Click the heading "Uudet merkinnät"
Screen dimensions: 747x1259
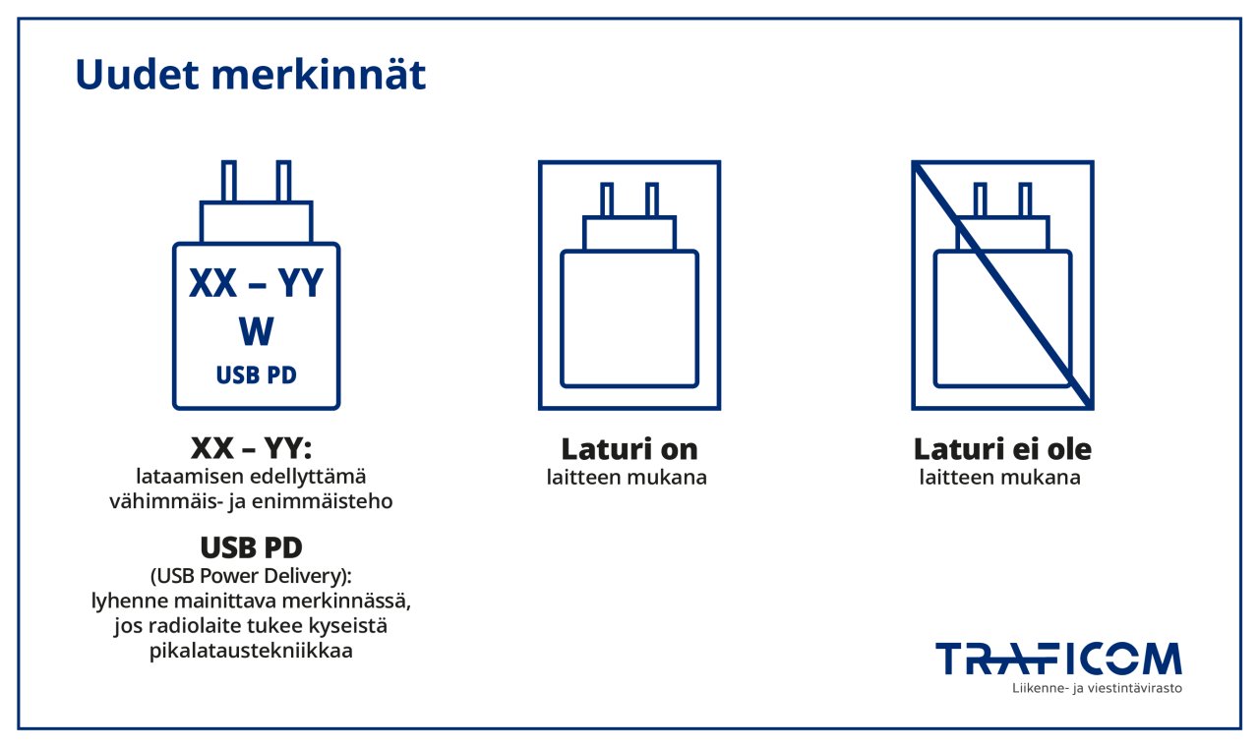[x=251, y=76]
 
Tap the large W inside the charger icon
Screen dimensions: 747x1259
[x=256, y=332]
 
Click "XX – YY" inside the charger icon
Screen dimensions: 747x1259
[x=256, y=284]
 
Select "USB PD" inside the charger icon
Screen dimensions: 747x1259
[x=256, y=375]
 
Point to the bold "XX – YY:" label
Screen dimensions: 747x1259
[x=251, y=449]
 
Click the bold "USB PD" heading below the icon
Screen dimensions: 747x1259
[x=251, y=547]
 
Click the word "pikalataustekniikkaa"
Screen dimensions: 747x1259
[x=251, y=651]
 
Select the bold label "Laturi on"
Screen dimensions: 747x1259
[x=629, y=449]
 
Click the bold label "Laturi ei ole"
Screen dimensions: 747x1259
[x=1002, y=449]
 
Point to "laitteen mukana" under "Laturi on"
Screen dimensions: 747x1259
[x=627, y=479]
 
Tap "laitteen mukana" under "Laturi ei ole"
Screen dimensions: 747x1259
[x=1000, y=479]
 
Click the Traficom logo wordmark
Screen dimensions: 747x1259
[x=1058, y=659]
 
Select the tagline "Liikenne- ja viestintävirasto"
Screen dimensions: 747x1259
[x=1097, y=688]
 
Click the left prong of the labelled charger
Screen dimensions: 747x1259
[x=229, y=181]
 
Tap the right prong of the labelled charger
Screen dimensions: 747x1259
[x=283, y=181]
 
